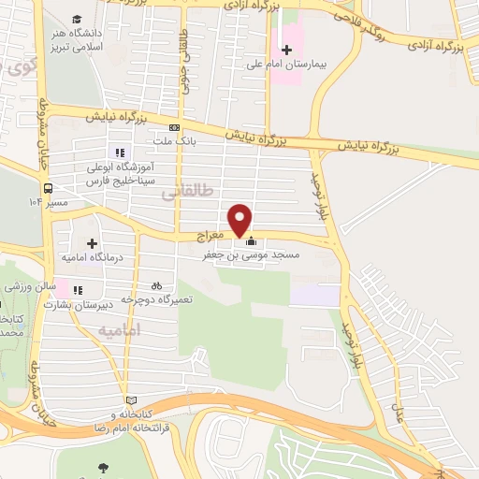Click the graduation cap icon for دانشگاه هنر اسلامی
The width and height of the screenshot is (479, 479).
coord(77,20)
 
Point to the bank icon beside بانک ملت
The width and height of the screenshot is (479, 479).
coord(174,127)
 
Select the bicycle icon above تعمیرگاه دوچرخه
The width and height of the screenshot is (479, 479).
coord(156,285)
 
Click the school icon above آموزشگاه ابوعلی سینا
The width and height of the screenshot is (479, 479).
coord(119,152)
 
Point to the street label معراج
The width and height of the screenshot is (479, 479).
coord(213,238)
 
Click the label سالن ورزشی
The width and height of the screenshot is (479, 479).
coord(22,284)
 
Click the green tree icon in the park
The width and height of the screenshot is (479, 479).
coord(101,467)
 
